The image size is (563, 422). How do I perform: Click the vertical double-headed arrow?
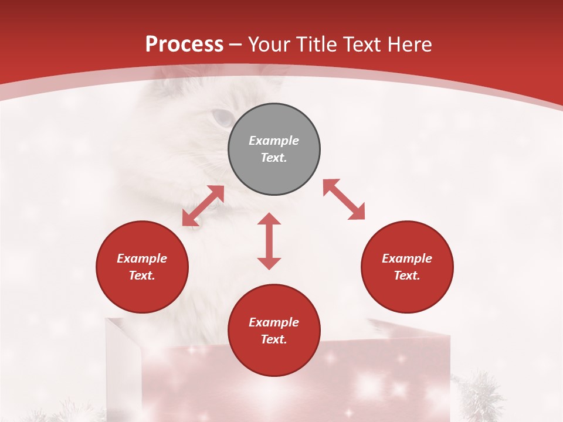tap(269, 241)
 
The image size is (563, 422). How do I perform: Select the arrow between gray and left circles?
tap(203, 206)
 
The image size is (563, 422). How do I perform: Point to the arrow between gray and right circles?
tap(344, 199)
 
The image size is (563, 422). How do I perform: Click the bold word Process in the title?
tap(184, 45)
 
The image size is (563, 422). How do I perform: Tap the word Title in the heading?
tap(317, 45)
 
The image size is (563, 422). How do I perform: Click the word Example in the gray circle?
tap(274, 141)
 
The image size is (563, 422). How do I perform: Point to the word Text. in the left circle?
tap(142, 275)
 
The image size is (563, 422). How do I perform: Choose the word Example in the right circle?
tap(407, 258)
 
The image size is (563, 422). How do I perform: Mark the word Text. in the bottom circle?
tap(274, 339)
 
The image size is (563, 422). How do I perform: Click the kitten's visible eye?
tap(222, 118)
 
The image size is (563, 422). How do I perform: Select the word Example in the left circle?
tap(142, 258)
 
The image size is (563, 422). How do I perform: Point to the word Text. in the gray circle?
tap(274, 158)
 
